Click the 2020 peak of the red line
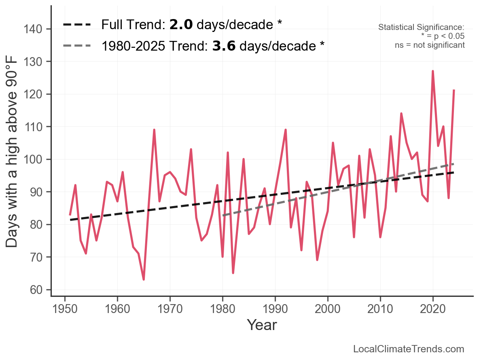(433, 71)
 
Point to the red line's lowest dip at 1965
(144, 279)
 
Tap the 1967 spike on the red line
(154, 130)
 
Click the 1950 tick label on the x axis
(65, 308)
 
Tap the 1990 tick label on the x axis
(275, 308)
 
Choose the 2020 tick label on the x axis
(433, 308)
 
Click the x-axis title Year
(262, 325)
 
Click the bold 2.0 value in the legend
(181, 25)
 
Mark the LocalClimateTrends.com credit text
(409, 349)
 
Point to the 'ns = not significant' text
(430, 45)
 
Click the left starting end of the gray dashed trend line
(223, 215)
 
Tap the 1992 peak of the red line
(286, 130)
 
